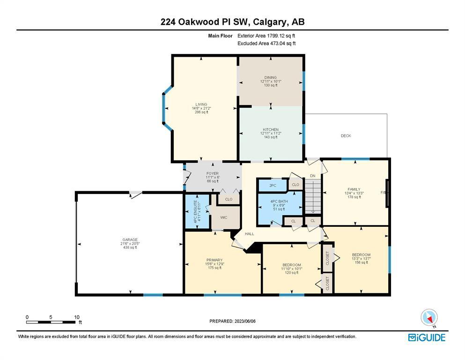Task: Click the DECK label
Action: pos(346,135)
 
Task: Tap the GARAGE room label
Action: pos(130,240)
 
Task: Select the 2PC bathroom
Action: pos(273,186)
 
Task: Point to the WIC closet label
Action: pos(224,217)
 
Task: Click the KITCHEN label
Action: pos(271,130)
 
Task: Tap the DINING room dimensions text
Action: pos(271,81)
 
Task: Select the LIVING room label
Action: pos(201,105)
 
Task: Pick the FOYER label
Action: pos(213,173)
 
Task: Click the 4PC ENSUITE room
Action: pos(198,211)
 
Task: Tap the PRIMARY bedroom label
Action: pos(214,260)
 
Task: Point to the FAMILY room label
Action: pos(354,189)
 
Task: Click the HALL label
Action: pos(250,234)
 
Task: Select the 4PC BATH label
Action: pos(279,201)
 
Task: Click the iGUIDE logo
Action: pos(427,338)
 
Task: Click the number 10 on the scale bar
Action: pos(77,317)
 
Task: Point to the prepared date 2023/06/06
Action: pos(245,321)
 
